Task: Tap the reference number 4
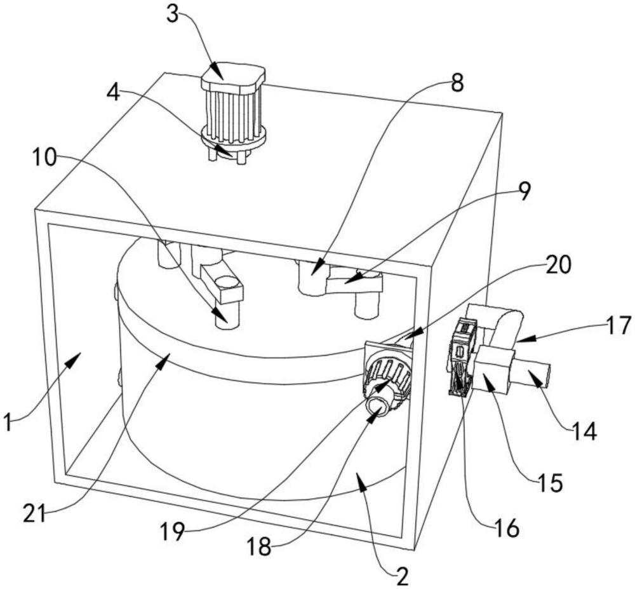point(114,93)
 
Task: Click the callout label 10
point(44,157)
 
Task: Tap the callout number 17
point(618,325)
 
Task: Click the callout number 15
point(550,482)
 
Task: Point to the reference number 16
point(506,528)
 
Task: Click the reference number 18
point(259,546)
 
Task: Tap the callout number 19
point(173,531)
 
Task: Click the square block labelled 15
point(493,369)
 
